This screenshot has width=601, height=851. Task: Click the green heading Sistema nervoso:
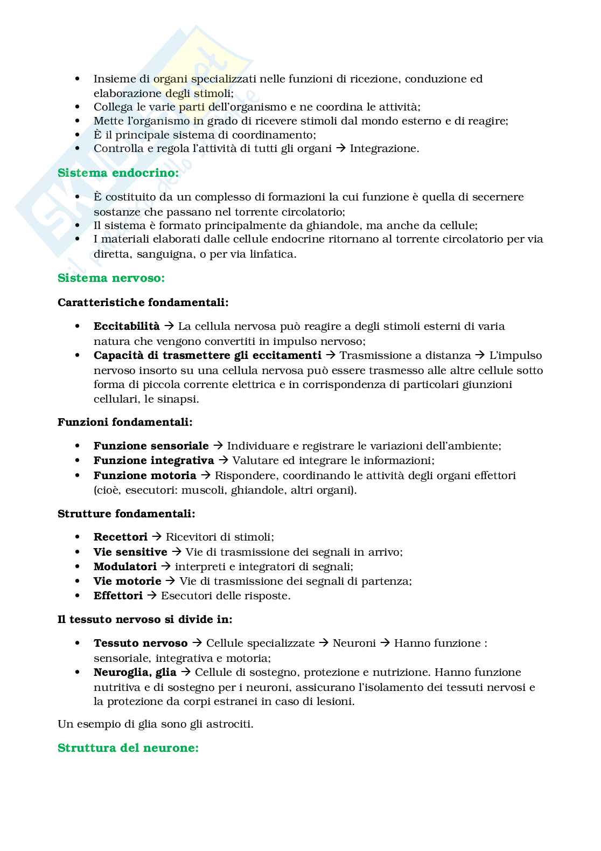111,278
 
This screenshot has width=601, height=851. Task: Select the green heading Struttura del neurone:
128,748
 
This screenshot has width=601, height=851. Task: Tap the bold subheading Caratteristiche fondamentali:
143,302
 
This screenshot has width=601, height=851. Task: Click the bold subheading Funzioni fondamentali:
125,422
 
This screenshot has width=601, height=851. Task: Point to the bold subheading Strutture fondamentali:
126,514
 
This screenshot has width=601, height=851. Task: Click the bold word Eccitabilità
127,326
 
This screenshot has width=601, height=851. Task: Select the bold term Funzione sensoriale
151,446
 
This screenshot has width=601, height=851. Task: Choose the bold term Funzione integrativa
153,460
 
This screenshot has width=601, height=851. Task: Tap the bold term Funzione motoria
145,475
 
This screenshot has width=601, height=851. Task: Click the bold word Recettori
120,537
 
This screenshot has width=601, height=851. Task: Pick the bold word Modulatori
125,566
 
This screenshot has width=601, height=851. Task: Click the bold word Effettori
118,596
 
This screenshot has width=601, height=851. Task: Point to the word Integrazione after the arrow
384,149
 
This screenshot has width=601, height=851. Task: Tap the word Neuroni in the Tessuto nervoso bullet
354,643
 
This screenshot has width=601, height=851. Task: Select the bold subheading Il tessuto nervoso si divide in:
145,619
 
